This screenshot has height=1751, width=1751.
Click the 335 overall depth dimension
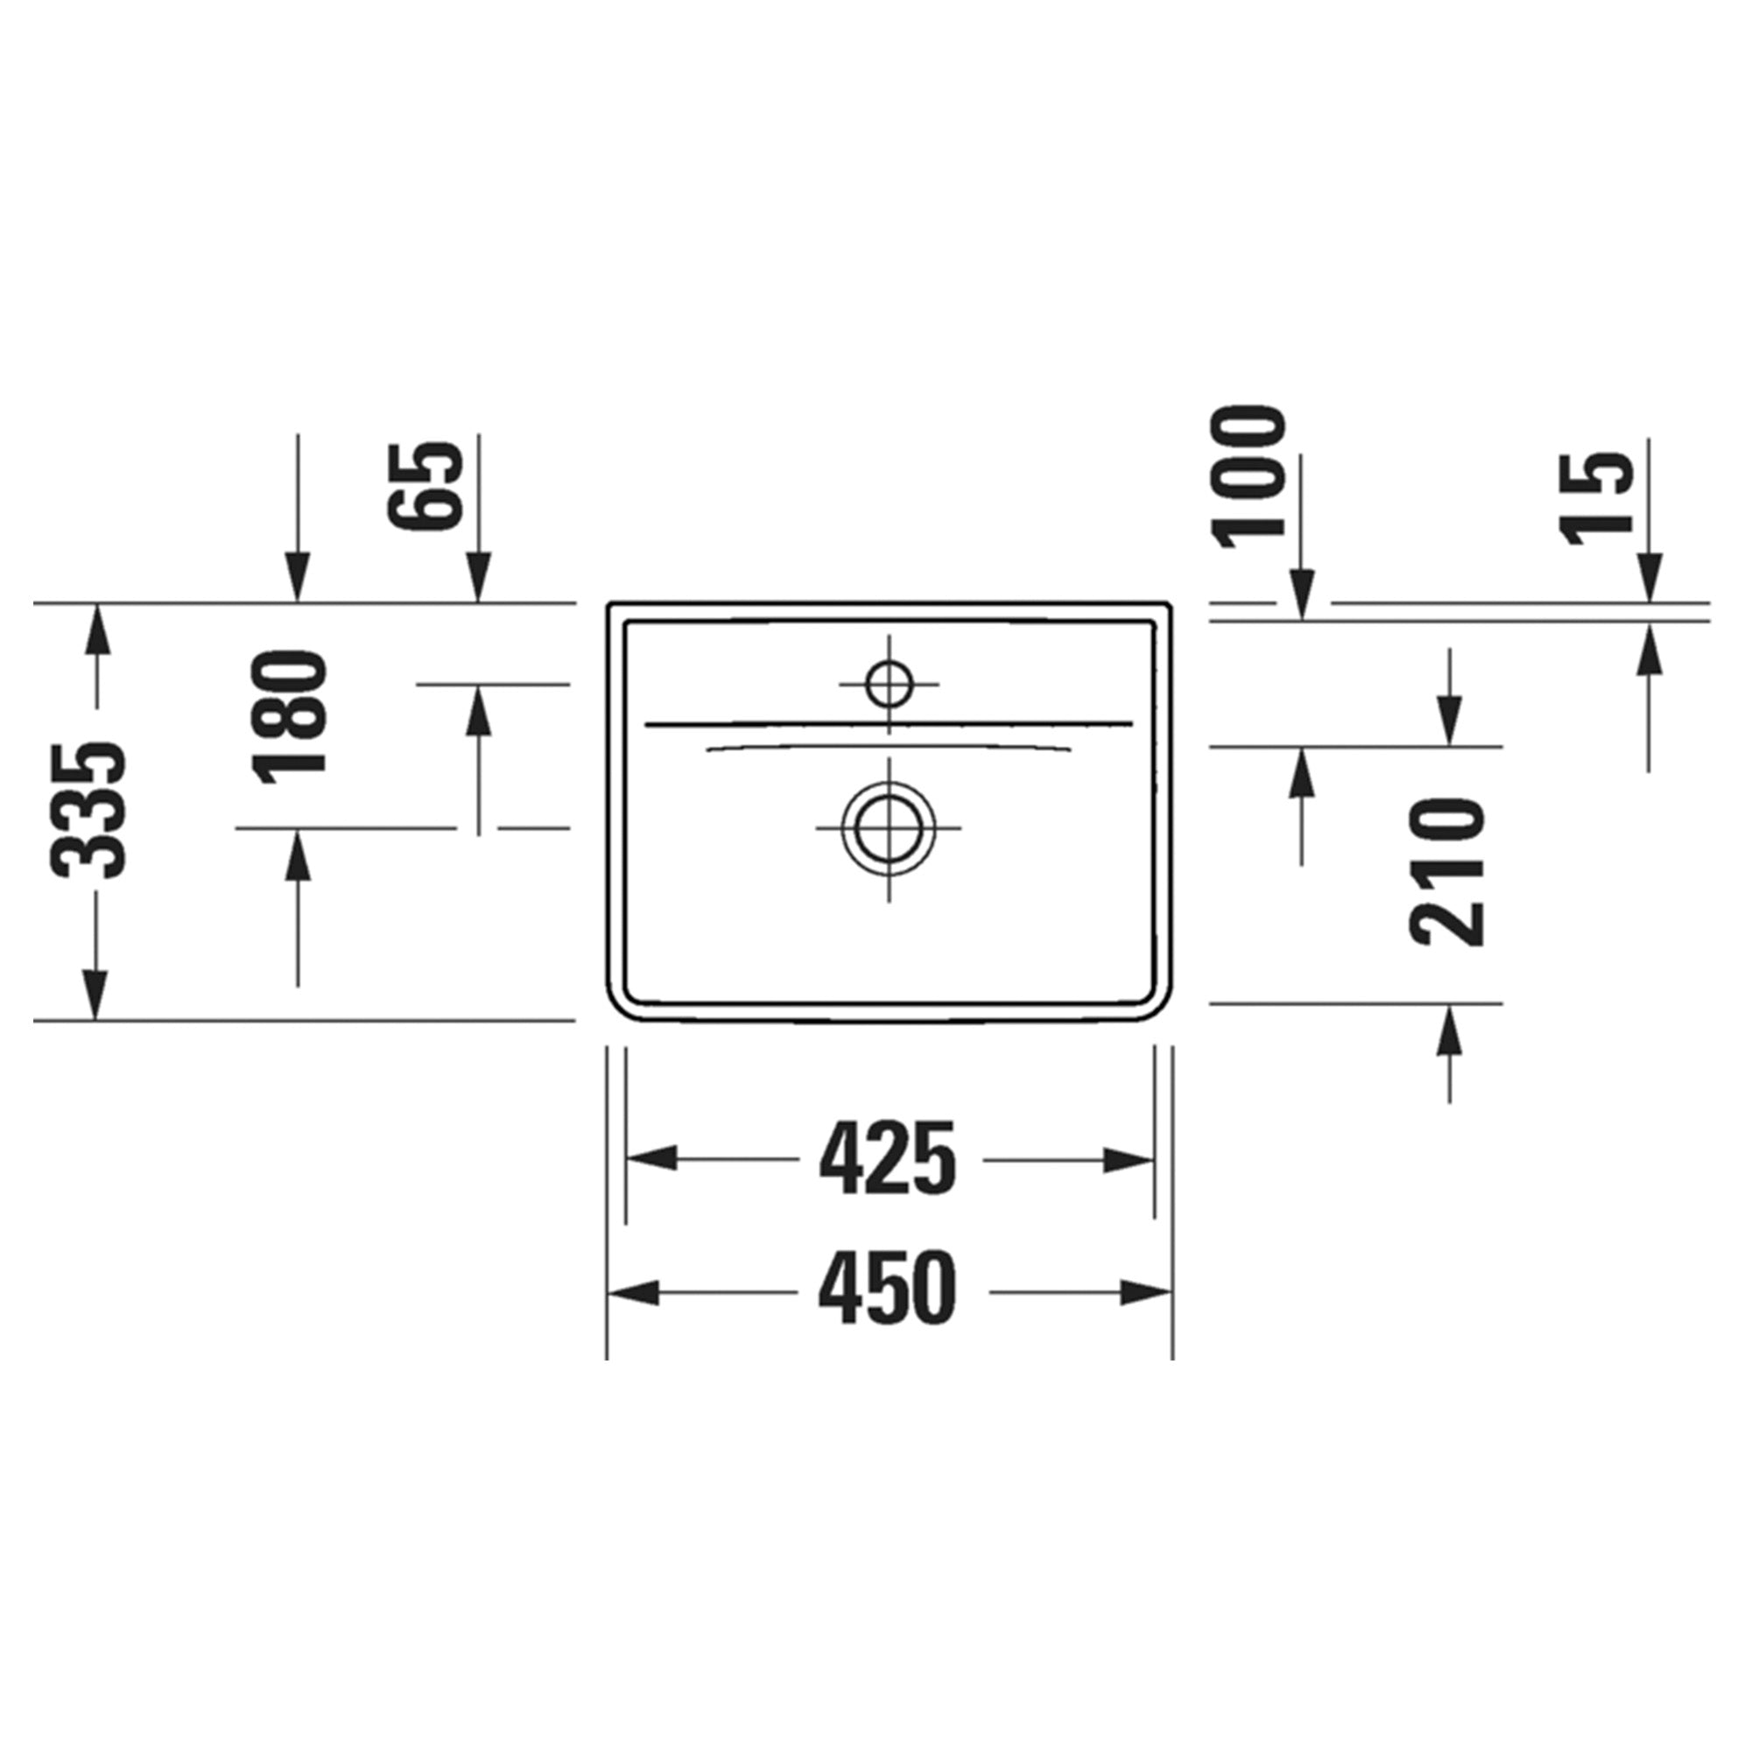pyautogui.click(x=88, y=812)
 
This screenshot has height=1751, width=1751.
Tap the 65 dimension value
pyautogui.click(x=425, y=487)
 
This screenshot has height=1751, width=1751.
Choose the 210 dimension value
pyautogui.click(x=1447, y=872)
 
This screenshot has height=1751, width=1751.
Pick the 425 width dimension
pyautogui.click(x=887, y=1159)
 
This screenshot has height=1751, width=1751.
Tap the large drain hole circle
pyautogui.click(x=888, y=827)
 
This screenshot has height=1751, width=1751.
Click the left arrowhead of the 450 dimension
pyautogui.click(x=633, y=1292)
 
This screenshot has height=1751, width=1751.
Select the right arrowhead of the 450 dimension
pyautogui.click(x=1148, y=1292)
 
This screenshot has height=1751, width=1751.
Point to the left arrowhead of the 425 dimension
pyautogui.click(x=651, y=1159)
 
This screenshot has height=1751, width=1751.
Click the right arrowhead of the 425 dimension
pyautogui.click(x=1129, y=1159)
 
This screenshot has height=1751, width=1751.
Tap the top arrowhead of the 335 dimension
pyautogui.click(x=95, y=628)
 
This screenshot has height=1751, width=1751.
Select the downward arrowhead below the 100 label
pyautogui.click(x=1303, y=596)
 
